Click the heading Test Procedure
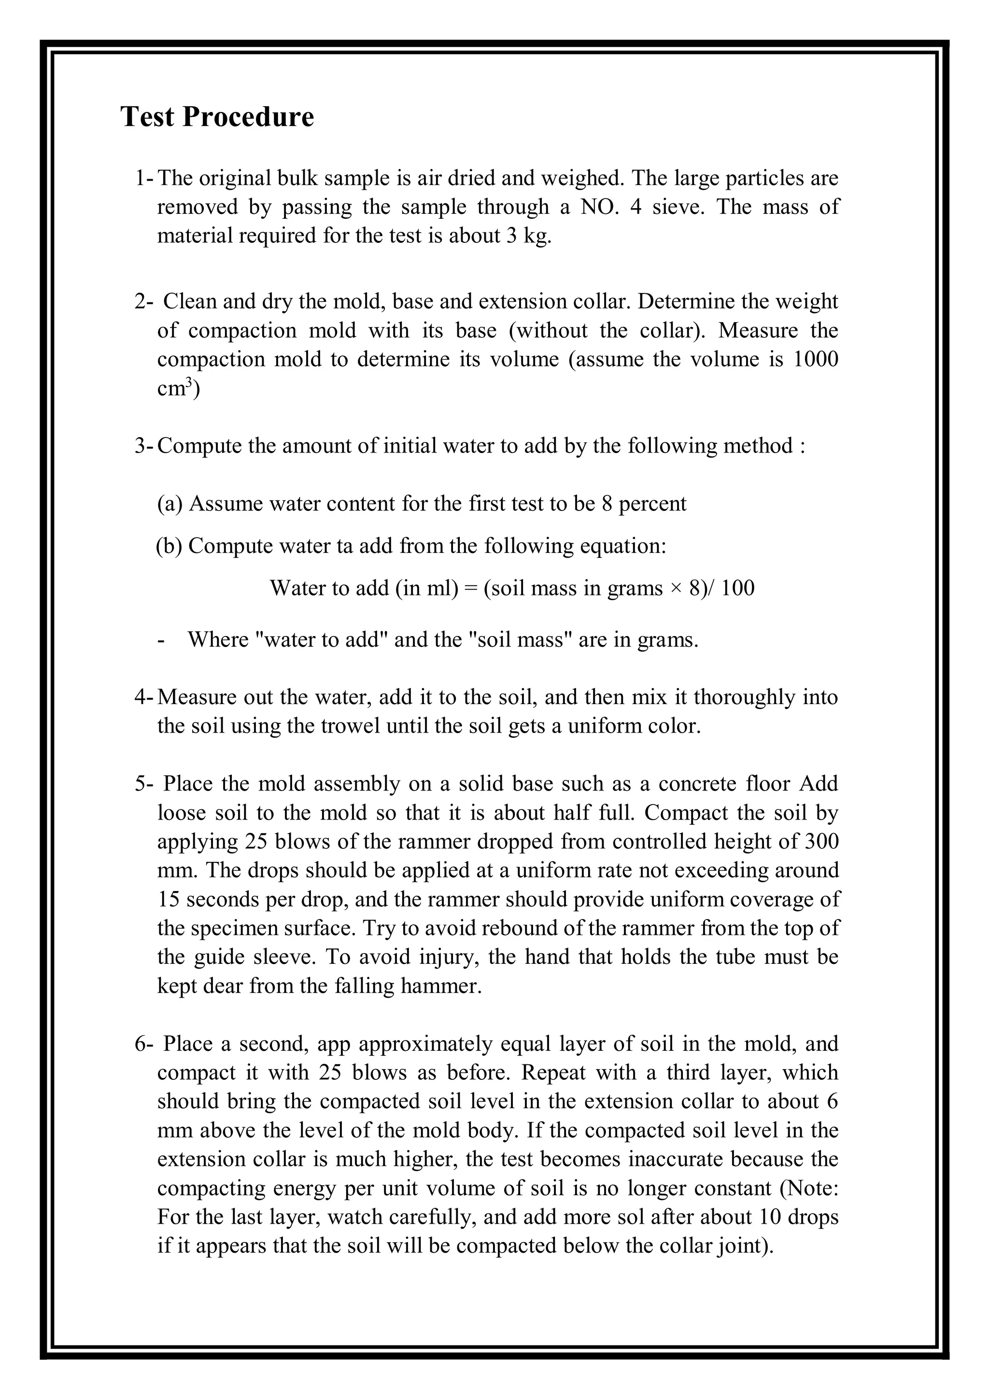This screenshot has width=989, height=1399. pos(217,116)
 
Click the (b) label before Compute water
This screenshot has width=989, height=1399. pos(170,546)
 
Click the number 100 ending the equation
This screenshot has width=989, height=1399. pos(737,589)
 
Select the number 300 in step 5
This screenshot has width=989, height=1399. pos(821,841)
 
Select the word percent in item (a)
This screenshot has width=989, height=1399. pos(652,504)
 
